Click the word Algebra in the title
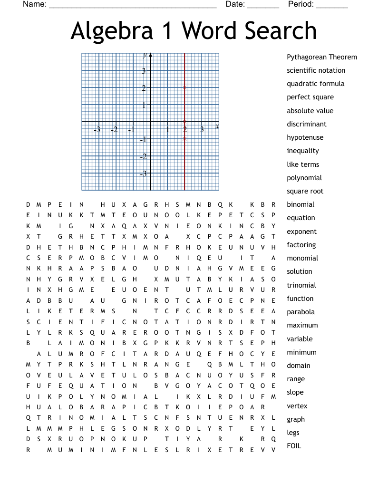112,31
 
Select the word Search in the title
281,31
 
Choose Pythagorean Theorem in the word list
321,57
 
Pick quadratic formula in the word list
315,84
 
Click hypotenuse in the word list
305,137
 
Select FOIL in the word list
294,446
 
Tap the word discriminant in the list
306,124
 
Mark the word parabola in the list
301,312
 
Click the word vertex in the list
297,406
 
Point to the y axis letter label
145,55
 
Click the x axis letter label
217,126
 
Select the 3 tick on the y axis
144,71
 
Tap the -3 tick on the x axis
97,129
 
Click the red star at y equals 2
184,87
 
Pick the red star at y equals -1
184,139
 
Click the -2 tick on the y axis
143,157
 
